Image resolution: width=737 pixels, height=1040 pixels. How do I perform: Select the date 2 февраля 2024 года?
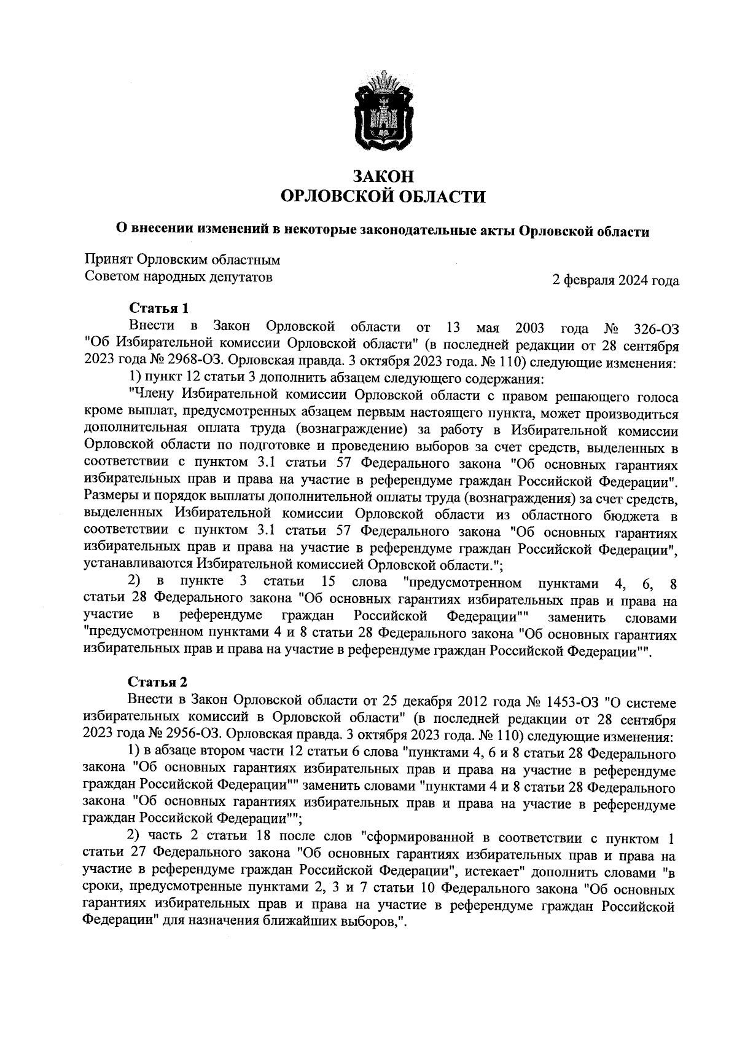(616, 281)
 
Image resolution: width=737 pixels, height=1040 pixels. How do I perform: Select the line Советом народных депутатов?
(179, 277)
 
